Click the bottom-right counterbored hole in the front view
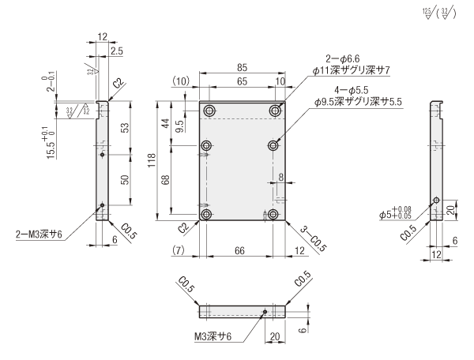[x=273, y=214]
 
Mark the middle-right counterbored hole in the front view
[x=273, y=145]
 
